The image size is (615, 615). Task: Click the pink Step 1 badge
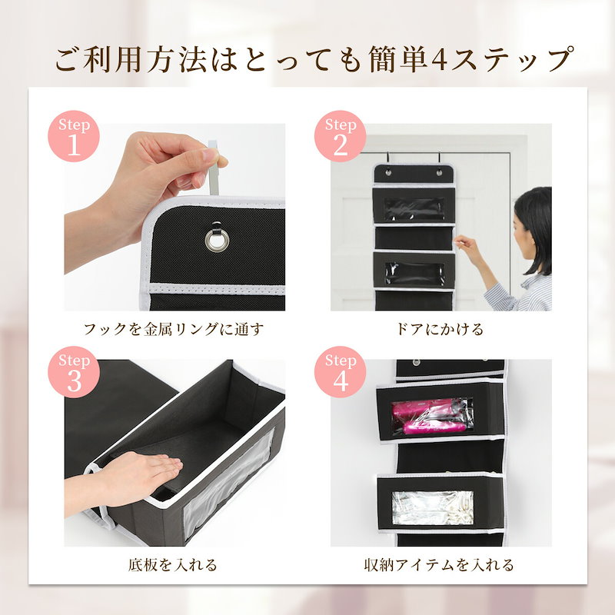(74, 136)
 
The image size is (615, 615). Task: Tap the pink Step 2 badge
(340, 136)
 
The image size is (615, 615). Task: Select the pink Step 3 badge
(74, 372)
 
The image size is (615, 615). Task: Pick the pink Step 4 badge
(340, 372)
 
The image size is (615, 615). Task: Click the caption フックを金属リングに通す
(174, 329)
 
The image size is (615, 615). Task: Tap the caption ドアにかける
(440, 329)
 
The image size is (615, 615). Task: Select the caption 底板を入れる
(172, 565)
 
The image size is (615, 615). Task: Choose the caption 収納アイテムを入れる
(439, 565)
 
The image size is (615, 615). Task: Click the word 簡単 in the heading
(398, 60)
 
